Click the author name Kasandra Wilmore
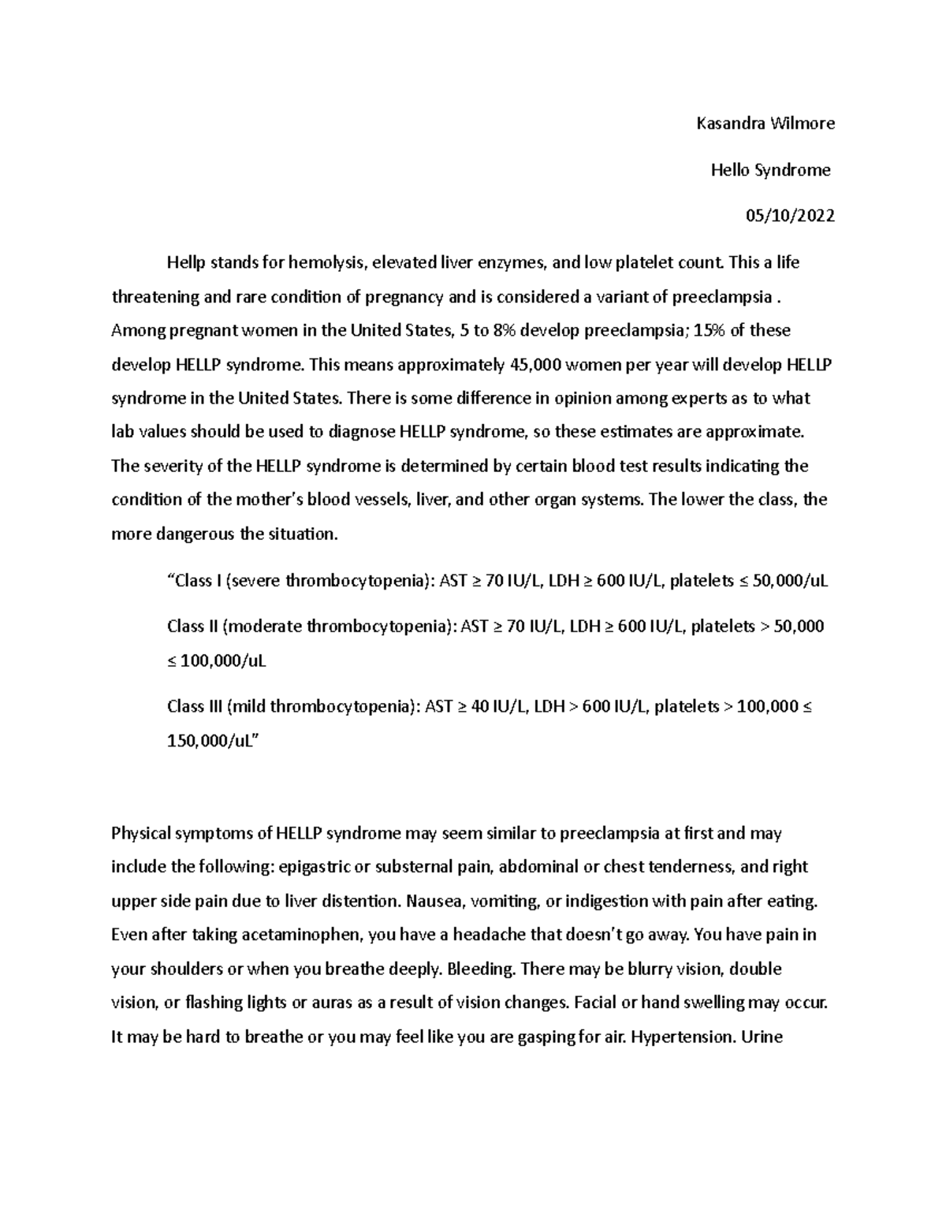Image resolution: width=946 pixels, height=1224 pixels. (x=765, y=123)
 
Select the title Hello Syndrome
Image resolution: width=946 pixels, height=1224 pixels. (x=770, y=169)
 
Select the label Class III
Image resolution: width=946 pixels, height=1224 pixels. (x=195, y=706)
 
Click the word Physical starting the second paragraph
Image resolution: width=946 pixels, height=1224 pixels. (x=140, y=833)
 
